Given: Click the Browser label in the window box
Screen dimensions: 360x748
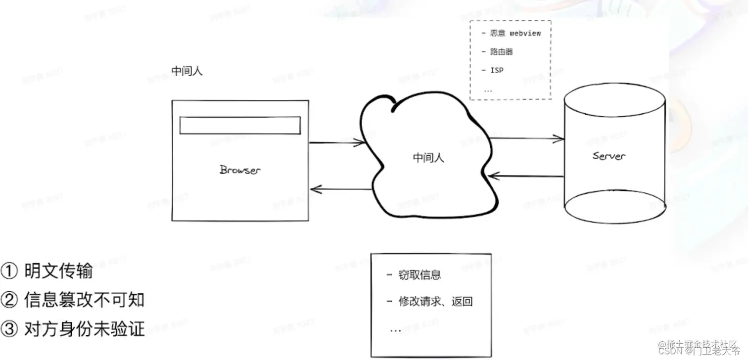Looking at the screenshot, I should tap(240, 170).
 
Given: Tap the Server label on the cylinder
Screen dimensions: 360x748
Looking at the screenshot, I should tap(608, 156).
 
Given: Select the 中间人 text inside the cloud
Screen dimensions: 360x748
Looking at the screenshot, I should tap(428, 158).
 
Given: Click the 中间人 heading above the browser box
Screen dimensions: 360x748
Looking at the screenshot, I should tap(187, 71).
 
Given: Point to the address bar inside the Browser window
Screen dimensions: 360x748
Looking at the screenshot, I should tap(240, 125).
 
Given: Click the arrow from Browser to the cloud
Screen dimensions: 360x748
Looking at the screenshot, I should tap(336, 143).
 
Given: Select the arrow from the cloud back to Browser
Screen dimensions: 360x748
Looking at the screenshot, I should tap(341, 189).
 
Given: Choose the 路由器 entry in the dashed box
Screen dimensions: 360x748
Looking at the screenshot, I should tap(502, 51).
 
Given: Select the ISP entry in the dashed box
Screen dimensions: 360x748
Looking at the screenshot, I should tap(497, 70).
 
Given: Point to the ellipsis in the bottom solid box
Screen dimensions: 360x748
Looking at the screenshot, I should tap(395, 329).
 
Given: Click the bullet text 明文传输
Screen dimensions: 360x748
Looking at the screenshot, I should tap(58, 271).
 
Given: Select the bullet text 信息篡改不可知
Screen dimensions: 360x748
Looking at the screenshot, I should tap(84, 300).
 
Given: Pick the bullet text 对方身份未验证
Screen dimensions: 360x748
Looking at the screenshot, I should tap(84, 328).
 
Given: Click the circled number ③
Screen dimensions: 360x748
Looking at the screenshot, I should tap(9, 328).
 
